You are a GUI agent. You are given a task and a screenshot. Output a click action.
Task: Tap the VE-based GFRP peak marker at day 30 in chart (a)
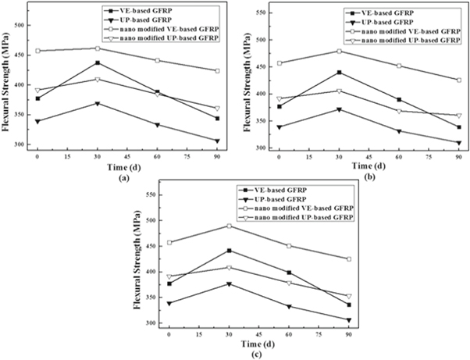click(97, 62)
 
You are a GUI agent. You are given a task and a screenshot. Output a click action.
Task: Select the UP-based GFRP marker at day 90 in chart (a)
click(217, 141)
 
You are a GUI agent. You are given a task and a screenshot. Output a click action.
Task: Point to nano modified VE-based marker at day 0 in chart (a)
click(37, 52)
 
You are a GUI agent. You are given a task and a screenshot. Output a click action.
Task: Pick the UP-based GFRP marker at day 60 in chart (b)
click(399, 131)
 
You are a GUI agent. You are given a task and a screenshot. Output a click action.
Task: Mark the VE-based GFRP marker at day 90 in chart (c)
click(349, 305)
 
